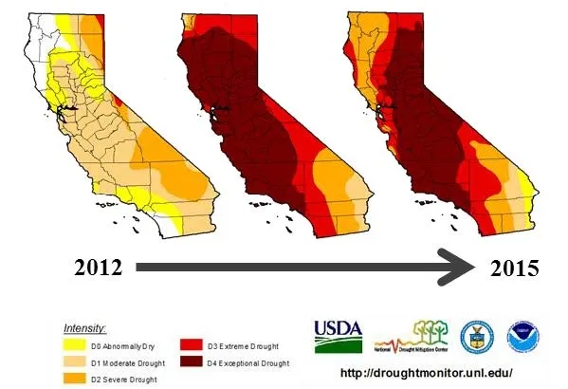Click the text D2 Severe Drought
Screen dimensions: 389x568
click(x=125, y=380)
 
